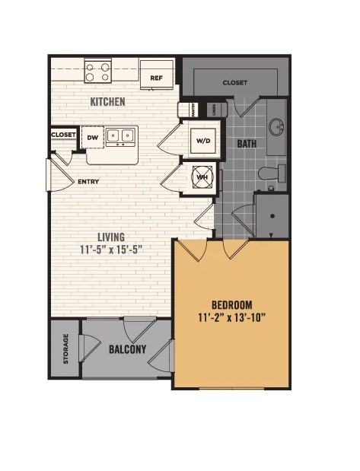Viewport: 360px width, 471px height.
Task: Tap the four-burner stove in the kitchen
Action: point(98,72)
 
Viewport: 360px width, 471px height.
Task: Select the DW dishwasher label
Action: point(93,137)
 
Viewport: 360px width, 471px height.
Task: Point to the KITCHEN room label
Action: point(108,102)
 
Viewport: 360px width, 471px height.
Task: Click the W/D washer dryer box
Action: point(203,141)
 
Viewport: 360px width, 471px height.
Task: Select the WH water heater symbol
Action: point(202,177)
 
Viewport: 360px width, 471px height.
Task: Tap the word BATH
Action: point(246,143)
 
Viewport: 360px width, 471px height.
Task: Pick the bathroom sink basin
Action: point(276,125)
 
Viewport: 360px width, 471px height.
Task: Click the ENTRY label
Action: point(89,182)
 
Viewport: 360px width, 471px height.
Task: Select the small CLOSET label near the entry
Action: point(64,135)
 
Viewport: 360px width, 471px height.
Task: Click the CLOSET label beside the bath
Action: point(235,82)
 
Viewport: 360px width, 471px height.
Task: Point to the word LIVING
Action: point(110,237)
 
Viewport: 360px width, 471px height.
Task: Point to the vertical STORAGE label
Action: point(65,348)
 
